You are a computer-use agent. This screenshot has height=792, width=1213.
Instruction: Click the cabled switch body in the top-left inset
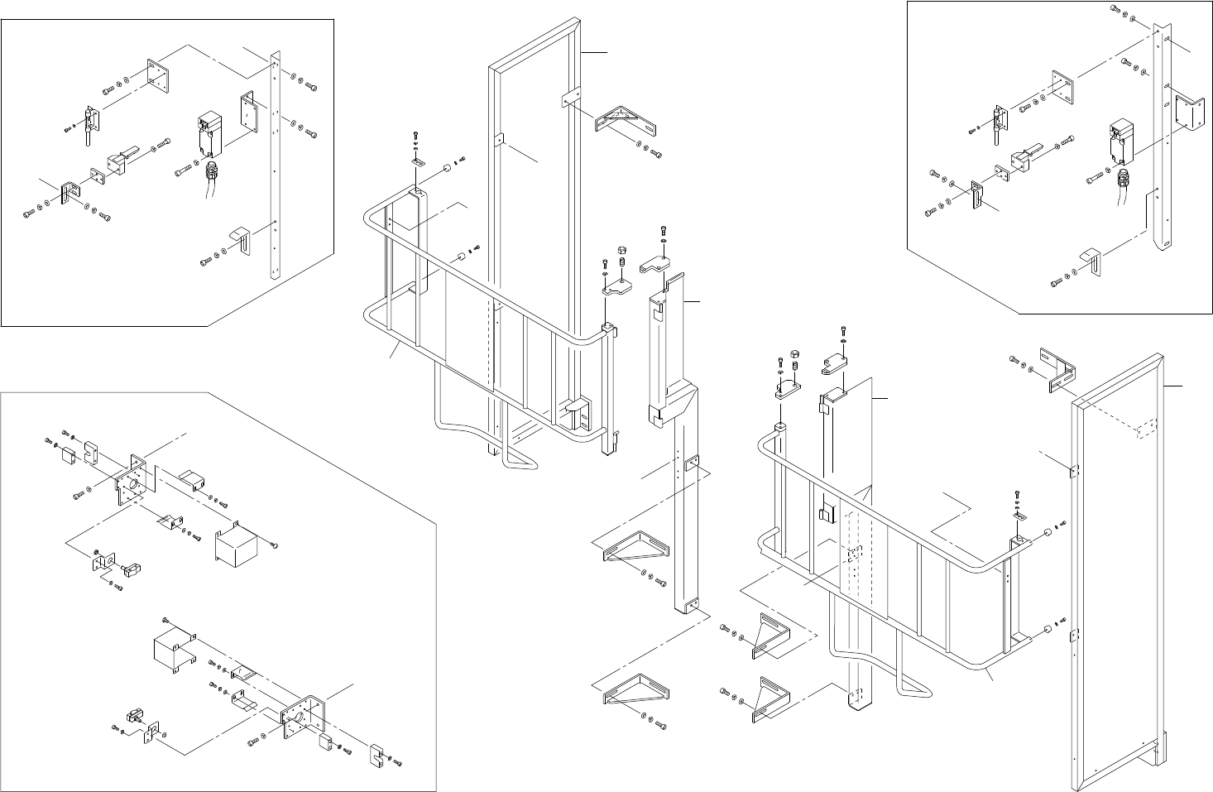pyautogui.click(x=207, y=132)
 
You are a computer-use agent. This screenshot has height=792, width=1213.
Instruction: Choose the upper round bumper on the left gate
pyautogui.click(x=448, y=169)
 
